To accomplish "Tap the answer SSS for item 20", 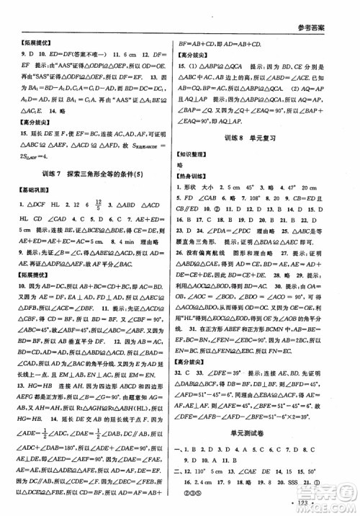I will (x=310, y=479).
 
